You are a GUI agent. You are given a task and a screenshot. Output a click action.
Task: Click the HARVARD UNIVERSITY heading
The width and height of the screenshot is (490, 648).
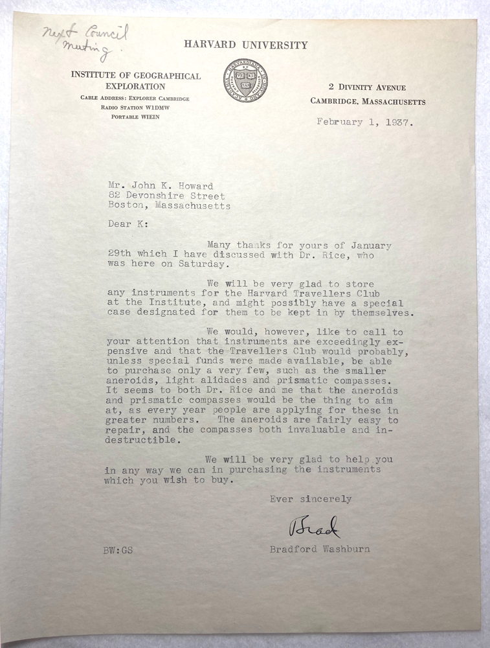tap(245, 45)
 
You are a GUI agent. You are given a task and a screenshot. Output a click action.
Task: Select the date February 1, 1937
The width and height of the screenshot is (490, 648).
tap(364, 122)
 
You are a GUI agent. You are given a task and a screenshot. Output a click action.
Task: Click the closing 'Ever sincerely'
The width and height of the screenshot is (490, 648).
tap(311, 499)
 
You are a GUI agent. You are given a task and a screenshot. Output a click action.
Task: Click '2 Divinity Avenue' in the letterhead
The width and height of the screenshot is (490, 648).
tap(367, 87)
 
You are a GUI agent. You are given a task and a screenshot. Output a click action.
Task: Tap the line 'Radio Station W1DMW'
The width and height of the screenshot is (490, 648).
tap(135, 107)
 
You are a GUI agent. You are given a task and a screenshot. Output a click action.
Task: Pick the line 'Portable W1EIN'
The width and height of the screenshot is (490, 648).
tap(135, 117)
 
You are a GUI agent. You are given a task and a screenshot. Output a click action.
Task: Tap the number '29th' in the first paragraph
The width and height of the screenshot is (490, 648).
tap(117, 255)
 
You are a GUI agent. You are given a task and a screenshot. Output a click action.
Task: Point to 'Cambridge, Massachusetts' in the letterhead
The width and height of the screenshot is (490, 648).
tap(368, 101)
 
